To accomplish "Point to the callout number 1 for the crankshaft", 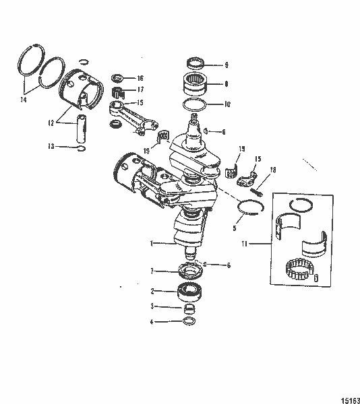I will [x=152, y=242].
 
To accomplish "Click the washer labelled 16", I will [x=117, y=78].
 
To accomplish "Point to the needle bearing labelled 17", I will [x=117, y=90].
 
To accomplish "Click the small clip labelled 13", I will [x=82, y=148].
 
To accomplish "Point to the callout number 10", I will [x=228, y=104].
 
